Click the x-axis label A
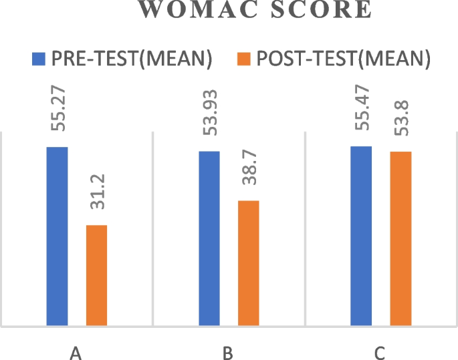[x=76, y=352]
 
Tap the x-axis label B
[x=228, y=352]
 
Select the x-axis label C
[x=380, y=352]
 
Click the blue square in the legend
[x=38, y=60]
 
